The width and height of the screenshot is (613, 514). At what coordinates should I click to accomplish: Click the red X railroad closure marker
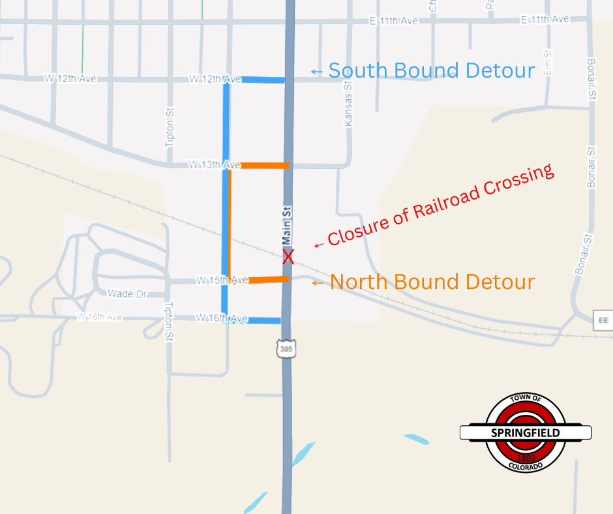pyautogui.click(x=288, y=257)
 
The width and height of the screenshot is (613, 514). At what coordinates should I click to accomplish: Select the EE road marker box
pyautogui.click(x=603, y=320)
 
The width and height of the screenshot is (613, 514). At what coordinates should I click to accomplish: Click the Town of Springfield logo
pyautogui.click(x=525, y=432)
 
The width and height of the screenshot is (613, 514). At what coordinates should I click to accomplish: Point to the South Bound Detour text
pyautogui.click(x=431, y=70)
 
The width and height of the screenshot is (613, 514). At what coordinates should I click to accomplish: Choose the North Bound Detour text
pyautogui.click(x=432, y=282)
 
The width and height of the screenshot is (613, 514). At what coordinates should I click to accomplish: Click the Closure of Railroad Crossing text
pyautogui.click(x=440, y=205)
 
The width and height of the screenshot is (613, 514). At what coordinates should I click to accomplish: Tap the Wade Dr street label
pyautogui.click(x=127, y=294)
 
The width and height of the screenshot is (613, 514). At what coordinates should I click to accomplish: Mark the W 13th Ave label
pyautogui.click(x=215, y=165)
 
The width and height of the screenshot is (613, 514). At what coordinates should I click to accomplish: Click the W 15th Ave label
pyautogui.click(x=222, y=280)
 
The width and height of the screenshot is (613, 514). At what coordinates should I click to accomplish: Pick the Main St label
pyautogui.click(x=286, y=224)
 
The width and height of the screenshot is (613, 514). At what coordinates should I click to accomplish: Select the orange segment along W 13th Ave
pyautogui.click(x=264, y=166)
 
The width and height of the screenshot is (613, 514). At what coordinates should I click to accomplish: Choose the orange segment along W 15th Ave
pyautogui.click(x=268, y=280)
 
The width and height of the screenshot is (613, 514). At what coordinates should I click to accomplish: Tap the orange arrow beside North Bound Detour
pyautogui.click(x=318, y=283)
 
